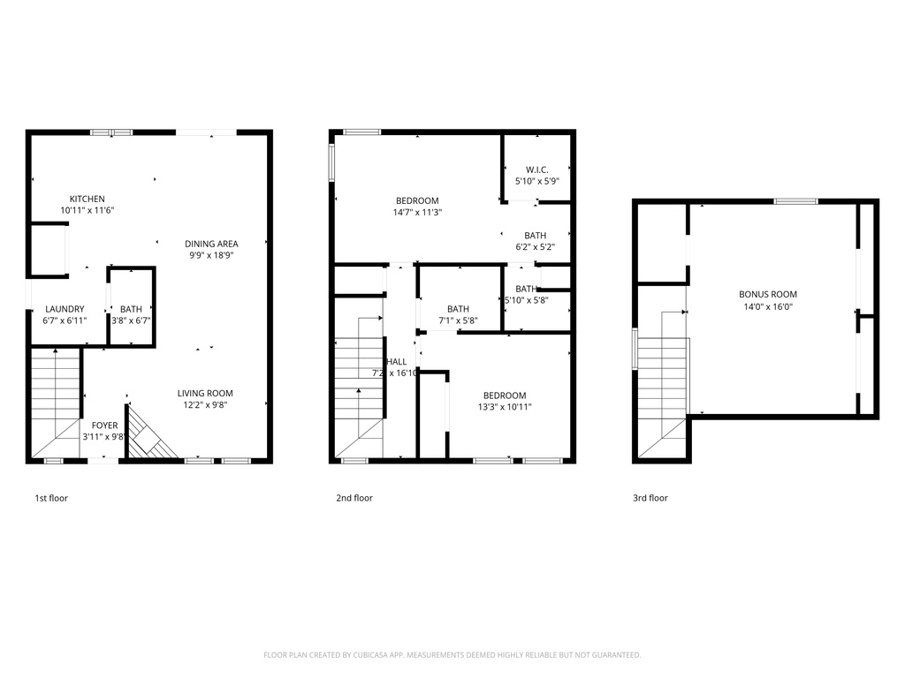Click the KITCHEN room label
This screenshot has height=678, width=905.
point(87,199)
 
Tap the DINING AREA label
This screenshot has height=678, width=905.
point(211,244)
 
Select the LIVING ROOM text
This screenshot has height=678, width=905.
point(205,393)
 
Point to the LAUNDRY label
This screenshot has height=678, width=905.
point(65,309)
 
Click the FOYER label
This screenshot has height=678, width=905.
point(104,426)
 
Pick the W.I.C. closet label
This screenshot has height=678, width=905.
point(536,169)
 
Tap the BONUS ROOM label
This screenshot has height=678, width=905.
point(768,294)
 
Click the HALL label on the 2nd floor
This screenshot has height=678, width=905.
point(397,361)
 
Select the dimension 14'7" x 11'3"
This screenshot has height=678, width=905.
point(417,212)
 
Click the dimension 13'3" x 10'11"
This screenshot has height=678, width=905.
point(505,407)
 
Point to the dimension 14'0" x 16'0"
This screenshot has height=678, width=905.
point(768,306)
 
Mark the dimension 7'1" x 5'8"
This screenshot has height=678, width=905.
point(458,320)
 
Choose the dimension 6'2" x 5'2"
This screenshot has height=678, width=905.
point(535,247)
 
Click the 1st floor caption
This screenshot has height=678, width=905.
point(51,498)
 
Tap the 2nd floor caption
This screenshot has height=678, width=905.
point(354,498)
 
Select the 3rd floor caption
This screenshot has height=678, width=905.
point(650,498)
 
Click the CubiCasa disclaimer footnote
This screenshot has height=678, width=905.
point(452,655)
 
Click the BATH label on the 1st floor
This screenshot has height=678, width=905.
point(131,309)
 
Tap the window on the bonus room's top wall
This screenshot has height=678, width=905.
point(795,201)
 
